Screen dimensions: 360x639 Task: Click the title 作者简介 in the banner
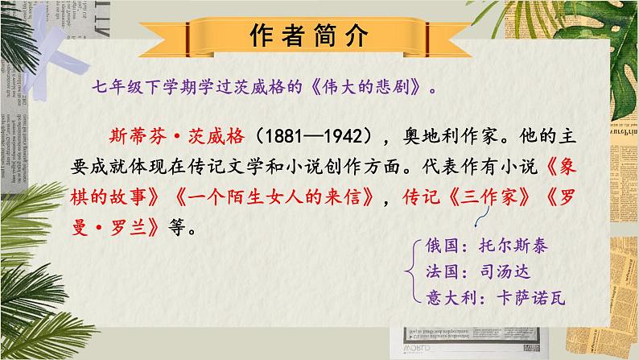319,35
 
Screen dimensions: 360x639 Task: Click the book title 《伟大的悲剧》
364,86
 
